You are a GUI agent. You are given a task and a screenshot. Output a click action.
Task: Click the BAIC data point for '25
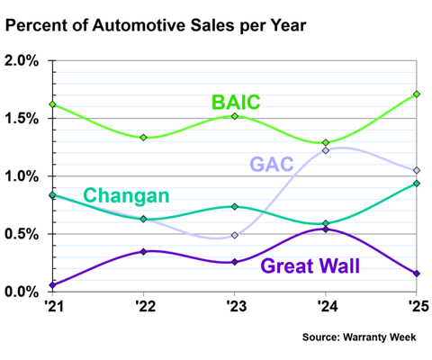pyautogui.click(x=417, y=94)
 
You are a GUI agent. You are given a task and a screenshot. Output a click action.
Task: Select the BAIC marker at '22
pyautogui.click(x=144, y=138)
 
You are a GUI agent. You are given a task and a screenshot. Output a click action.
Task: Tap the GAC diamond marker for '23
pyautogui.click(x=235, y=235)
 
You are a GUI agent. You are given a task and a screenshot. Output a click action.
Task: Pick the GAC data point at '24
pyautogui.click(x=326, y=150)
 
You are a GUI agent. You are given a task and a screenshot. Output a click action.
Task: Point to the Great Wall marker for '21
pyautogui.click(x=53, y=285)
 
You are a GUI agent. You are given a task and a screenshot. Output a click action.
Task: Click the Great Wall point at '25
pyautogui.click(x=417, y=274)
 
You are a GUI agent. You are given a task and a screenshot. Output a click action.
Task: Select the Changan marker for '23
pyautogui.click(x=235, y=206)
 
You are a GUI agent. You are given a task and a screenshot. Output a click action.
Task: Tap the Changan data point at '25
pyautogui.click(x=417, y=184)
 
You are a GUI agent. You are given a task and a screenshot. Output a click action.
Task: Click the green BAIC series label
pyautogui.click(x=236, y=102)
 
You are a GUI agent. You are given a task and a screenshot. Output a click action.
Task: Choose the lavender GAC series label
pyautogui.click(x=272, y=164)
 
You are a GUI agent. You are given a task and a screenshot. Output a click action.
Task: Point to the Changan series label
pyautogui.click(x=126, y=195)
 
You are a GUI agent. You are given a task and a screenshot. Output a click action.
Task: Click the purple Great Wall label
pyautogui.click(x=310, y=265)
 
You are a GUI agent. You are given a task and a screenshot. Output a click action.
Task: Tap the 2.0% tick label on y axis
pyautogui.click(x=22, y=61)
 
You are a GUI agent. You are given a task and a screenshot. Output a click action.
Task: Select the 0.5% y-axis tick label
pyautogui.click(x=22, y=234)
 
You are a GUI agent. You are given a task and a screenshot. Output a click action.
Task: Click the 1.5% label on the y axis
pyautogui.click(x=22, y=119)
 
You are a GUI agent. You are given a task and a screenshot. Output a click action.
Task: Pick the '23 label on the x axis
pyautogui.click(x=237, y=306)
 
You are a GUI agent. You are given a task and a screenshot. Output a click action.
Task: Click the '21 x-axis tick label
pyautogui.click(x=54, y=306)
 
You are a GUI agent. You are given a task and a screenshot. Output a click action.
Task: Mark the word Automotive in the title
pyautogui.click(x=139, y=25)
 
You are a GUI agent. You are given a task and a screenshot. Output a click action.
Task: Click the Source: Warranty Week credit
pyautogui.click(x=359, y=337)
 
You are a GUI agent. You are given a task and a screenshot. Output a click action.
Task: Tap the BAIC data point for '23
pyautogui.click(x=235, y=116)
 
